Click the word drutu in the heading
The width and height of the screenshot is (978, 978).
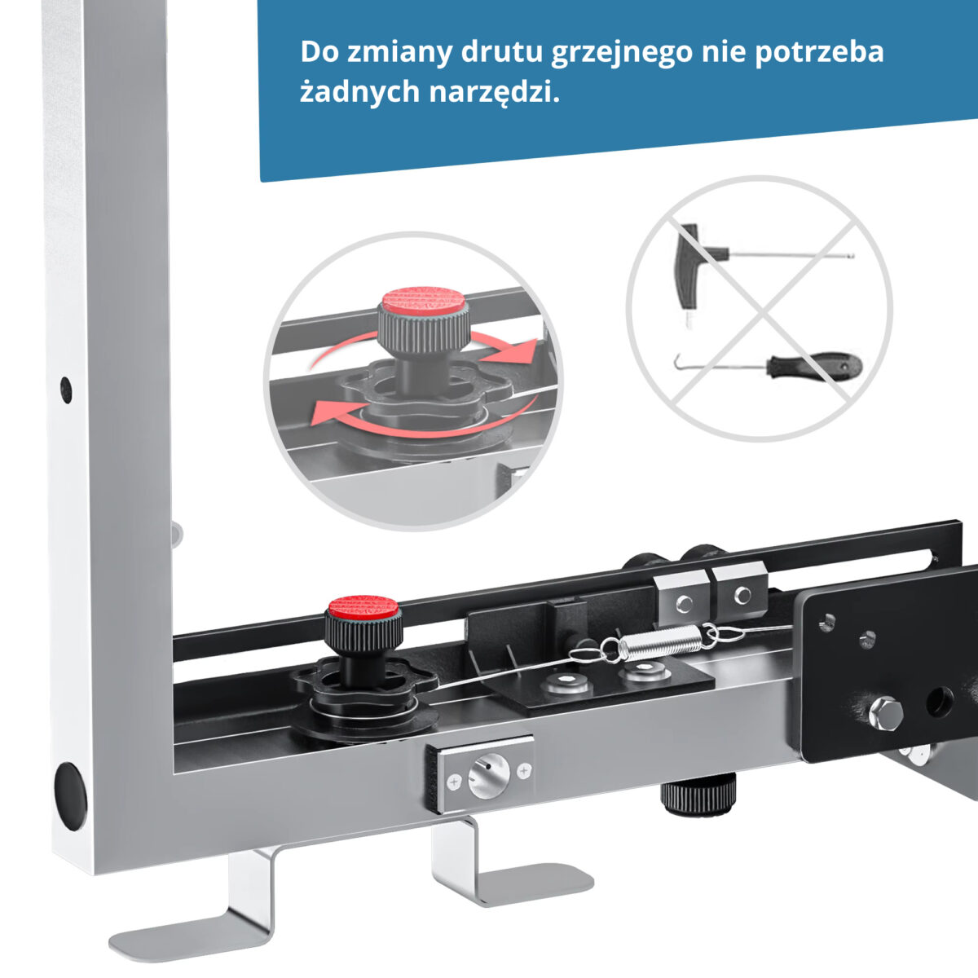pos(502,52)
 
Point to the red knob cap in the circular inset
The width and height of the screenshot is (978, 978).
pos(424,300)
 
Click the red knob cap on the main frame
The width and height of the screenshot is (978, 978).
pos(363,607)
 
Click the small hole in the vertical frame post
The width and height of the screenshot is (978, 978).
pos(66,390)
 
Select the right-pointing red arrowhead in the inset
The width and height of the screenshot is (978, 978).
pos(513,351)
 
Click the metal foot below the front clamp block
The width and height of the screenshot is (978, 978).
pos(497,873)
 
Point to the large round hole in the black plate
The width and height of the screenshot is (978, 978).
pos(939,702)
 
